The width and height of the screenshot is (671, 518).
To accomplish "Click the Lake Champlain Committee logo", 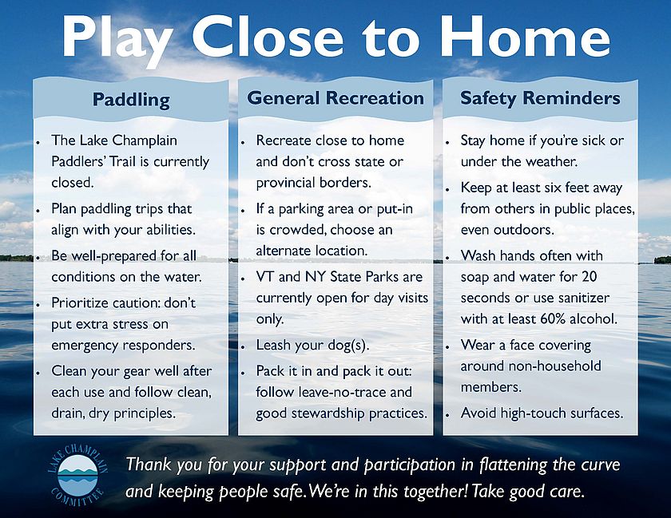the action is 77,475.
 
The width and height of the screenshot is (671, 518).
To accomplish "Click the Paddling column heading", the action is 131,100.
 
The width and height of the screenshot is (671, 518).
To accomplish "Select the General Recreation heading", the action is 335,98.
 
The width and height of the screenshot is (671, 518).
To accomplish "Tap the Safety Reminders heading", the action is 540,98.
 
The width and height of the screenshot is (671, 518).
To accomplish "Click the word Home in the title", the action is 525,36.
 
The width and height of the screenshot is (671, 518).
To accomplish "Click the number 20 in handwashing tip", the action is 589,276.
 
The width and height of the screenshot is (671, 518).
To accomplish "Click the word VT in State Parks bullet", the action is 265,276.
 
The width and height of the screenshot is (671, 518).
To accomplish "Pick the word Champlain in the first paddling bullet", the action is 145,140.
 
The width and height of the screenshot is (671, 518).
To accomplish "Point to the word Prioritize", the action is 80,302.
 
